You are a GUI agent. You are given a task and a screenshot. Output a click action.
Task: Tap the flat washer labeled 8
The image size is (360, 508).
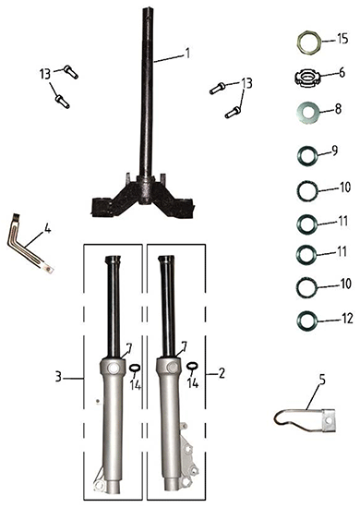click(308, 113)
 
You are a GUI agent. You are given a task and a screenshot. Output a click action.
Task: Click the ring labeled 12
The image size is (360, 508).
click(306, 320)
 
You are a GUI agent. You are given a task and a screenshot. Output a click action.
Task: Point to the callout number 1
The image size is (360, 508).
click(186, 53)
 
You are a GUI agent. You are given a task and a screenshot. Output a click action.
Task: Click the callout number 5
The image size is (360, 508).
click(322, 381)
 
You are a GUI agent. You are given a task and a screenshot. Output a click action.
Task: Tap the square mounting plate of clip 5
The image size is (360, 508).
click(329, 420)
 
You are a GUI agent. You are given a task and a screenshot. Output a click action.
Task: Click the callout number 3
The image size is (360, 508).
click(58, 377)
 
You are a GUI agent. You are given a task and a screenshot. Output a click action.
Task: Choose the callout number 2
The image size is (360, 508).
click(222, 373)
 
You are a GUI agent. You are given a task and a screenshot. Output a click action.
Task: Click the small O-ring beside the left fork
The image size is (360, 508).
click(135, 368)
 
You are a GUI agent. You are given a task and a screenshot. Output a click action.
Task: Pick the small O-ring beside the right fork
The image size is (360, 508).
click(192, 366)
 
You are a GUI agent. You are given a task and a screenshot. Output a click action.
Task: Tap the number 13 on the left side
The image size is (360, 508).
click(45, 74)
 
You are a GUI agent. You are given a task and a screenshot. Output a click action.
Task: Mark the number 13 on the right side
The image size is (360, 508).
click(246, 83)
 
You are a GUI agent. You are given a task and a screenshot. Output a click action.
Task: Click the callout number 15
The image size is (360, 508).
click(342, 39)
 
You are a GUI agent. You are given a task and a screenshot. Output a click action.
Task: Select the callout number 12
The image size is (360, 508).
click(347, 319)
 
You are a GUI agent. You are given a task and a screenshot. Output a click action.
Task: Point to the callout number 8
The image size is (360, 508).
click(338, 109)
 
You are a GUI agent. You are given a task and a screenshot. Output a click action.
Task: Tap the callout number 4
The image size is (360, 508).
click(48, 229)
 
